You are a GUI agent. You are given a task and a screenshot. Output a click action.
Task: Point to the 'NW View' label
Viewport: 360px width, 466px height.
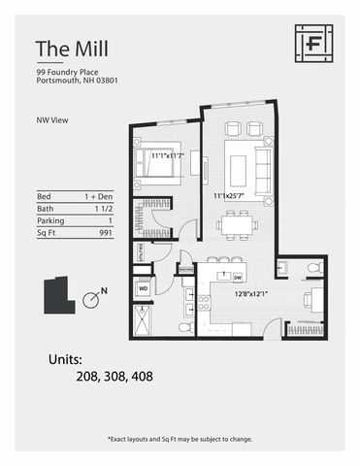pyautogui.click(x=51, y=121)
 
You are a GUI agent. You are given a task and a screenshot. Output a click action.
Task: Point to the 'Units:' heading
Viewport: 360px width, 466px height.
pyautogui.click(x=72, y=359)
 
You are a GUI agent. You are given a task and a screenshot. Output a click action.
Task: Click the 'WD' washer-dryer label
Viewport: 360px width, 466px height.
pyautogui.click(x=143, y=288)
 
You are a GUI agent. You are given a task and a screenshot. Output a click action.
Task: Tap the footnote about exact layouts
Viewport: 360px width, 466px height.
pyautogui.click(x=180, y=439)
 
